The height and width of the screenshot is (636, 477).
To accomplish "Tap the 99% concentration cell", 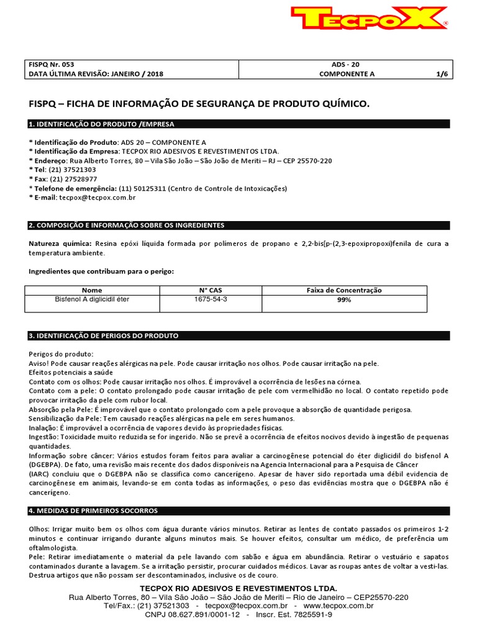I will (x=344, y=300).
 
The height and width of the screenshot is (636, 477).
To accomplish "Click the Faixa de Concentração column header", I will (x=344, y=290).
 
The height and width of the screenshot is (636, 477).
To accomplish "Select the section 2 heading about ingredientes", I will (x=127, y=225).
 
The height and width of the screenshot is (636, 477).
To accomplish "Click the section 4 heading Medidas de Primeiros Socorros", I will (x=93, y=511).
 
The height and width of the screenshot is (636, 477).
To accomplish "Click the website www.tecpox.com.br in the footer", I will (x=338, y=606).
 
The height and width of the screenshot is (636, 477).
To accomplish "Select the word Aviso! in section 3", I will (x=39, y=363).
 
